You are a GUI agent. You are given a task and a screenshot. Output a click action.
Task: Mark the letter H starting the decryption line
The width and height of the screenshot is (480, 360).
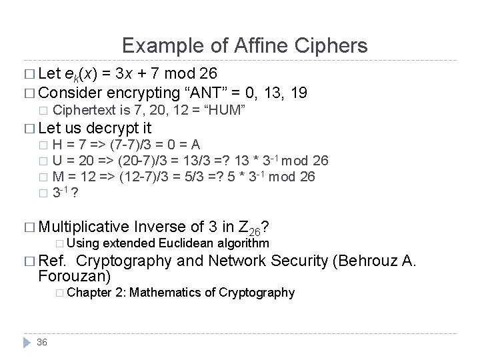click(57, 145)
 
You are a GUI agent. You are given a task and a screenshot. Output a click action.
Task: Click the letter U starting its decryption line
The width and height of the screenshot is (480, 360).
click(57, 161)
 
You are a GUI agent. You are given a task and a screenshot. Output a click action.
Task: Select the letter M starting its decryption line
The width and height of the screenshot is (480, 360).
click(58, 176)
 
